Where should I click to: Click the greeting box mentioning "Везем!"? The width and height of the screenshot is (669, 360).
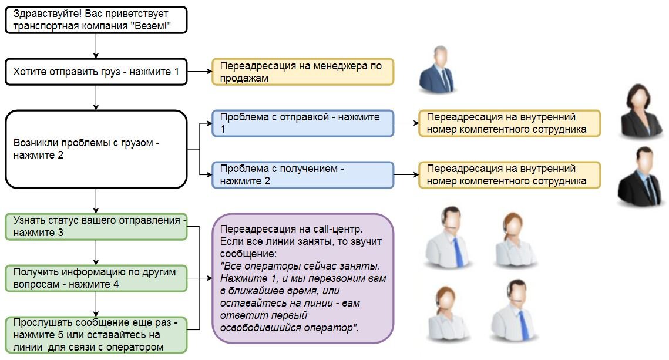click(x=96, y=20)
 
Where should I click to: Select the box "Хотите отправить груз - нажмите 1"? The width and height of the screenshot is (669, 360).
click(x=96, y=72)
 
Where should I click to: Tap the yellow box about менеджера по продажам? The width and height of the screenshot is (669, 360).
click(x=302, y=72)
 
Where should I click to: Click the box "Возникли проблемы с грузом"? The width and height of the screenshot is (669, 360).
click(x=96, y=149)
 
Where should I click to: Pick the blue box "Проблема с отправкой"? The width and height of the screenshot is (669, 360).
click(x=302, y=123)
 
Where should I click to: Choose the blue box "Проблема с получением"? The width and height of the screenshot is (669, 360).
click(x=302, y=175)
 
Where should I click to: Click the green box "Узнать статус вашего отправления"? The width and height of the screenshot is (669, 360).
click(x=96, y=227)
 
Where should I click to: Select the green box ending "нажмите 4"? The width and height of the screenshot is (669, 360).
click(x=96, y=278)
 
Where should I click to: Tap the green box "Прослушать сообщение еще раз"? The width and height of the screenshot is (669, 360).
click(x=96, y=335)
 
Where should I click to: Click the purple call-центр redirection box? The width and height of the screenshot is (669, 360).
click(x=302, y=278)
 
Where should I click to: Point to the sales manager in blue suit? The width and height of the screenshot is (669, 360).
click(x=438, y=69)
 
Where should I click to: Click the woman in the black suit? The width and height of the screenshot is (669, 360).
click(x=642, y=111)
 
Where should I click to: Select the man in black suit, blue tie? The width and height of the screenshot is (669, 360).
click(x=642, y=176)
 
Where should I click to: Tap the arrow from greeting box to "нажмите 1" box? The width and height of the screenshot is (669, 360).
click(x=96, y=46)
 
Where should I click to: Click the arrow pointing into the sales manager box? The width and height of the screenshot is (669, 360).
click(x=200, y=72)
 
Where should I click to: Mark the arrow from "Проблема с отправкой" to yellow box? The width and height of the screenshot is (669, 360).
click(x=406, y=123)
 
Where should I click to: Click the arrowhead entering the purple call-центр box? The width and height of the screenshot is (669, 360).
click(x=209, y=278)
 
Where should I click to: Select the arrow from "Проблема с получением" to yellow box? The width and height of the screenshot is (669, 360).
click(x=406, y=175)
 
